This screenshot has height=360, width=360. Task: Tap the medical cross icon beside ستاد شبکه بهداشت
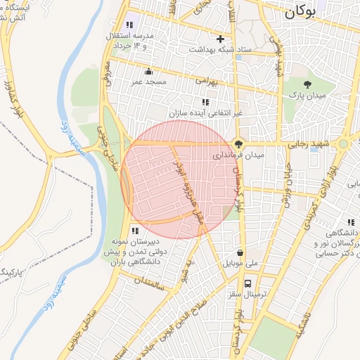221,39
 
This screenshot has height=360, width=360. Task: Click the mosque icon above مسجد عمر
148,71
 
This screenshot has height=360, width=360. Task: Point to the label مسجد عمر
148,82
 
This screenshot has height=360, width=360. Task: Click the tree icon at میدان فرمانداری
239,142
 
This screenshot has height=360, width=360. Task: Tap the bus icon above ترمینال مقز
247,283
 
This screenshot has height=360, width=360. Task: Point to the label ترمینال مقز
247,295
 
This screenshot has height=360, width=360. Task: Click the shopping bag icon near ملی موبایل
241,252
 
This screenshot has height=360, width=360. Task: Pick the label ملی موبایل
241,264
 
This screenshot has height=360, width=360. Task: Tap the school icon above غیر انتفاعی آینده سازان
205,102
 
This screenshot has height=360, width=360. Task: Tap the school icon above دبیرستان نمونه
134,230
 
